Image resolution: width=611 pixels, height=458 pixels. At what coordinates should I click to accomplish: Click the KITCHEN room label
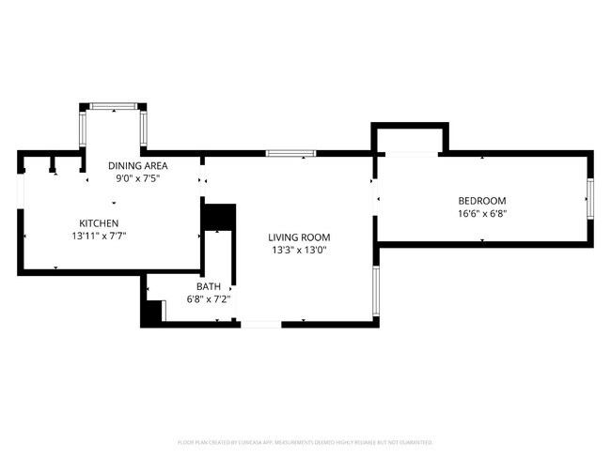[98, 223]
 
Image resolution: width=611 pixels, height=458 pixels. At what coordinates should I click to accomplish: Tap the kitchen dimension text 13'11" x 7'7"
[98, 237]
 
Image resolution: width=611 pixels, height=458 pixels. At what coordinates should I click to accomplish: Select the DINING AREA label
[137, 165]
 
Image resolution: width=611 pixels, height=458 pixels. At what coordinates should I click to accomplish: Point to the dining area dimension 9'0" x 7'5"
[137, 178]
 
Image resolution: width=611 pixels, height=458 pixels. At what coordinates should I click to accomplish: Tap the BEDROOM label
[482, 200]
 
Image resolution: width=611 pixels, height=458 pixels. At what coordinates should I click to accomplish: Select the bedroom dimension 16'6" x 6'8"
[482, 213]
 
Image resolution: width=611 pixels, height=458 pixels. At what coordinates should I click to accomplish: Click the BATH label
[209, 286]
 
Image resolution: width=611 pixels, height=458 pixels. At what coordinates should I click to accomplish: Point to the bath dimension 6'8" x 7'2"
[209, 299]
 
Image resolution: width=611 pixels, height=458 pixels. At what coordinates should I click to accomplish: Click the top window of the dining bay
[113, 106]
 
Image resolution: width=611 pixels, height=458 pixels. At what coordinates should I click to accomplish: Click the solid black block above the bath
[219, 217]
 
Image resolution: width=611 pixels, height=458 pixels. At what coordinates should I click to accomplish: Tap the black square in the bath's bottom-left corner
[151, 313]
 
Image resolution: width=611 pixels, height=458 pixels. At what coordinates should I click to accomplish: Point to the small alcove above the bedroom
[410, 139]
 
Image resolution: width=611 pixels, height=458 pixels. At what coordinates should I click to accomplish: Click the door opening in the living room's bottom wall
[260, 324]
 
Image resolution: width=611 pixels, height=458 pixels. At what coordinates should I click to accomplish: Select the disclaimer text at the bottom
[305, 441]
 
